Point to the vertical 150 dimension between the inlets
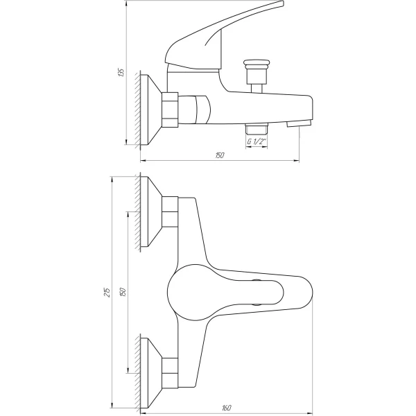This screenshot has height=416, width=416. pos(122,293)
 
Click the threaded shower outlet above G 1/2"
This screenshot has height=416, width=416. pos(257,130)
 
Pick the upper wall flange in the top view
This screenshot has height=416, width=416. pos(148,212)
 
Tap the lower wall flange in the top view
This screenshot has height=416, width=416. pos(148,370)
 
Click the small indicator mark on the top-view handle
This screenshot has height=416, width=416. pos(257,283)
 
